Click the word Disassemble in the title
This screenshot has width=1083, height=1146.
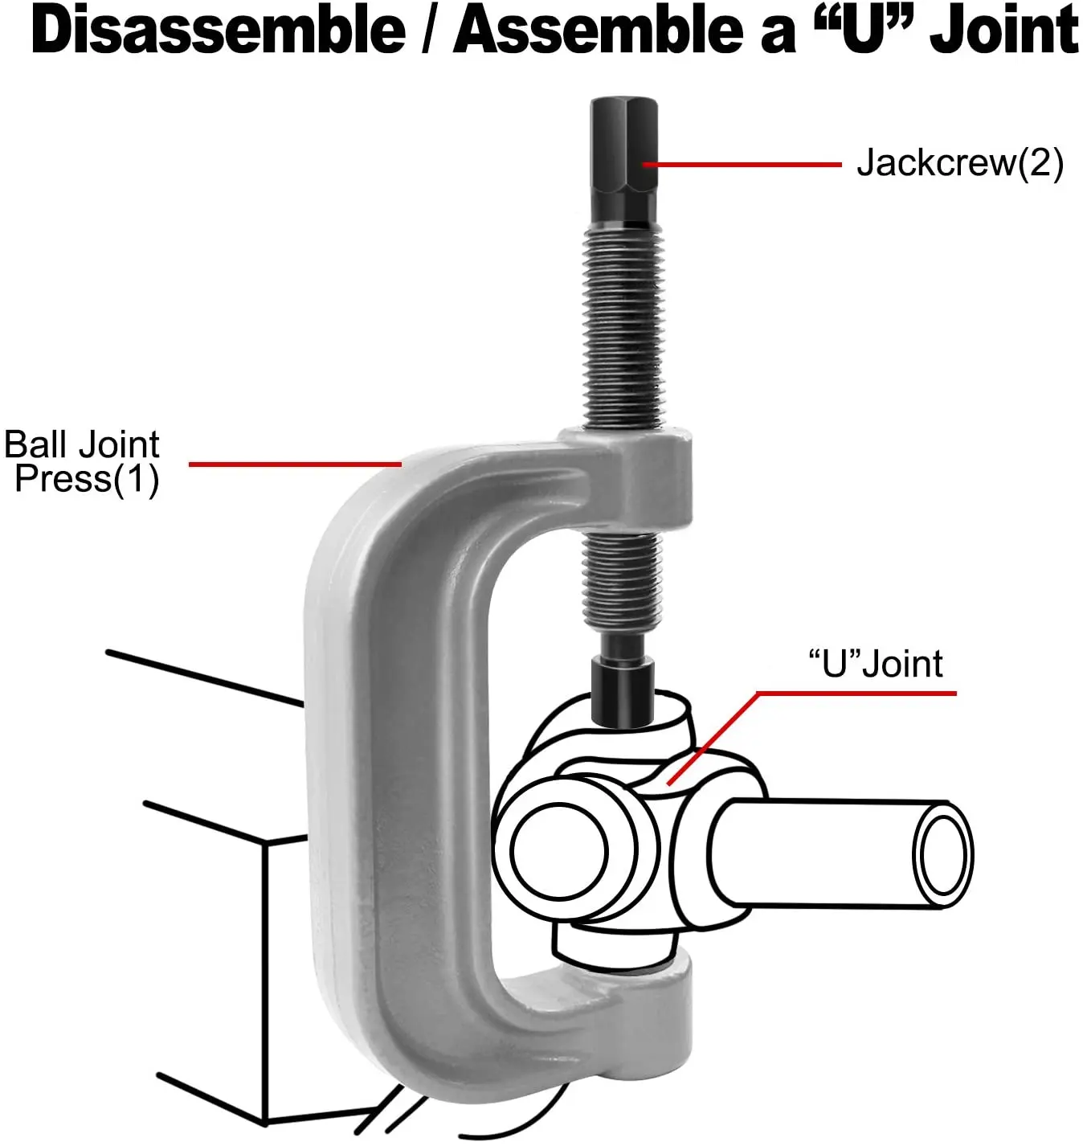pos(219,31)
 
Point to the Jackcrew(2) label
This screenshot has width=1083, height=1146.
pos(959,163)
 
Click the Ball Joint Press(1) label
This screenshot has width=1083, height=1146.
pos(83,462)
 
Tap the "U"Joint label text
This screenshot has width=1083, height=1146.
pos(876,665)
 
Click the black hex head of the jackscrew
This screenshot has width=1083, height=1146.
pos(624,161)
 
